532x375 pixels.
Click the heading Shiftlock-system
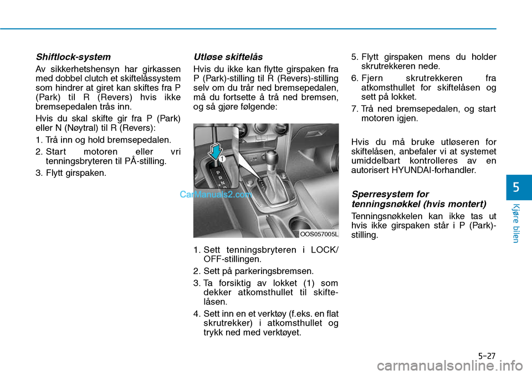(73, 57)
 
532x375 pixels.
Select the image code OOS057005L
(319, 234)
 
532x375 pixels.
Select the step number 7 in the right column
(355, 108)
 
